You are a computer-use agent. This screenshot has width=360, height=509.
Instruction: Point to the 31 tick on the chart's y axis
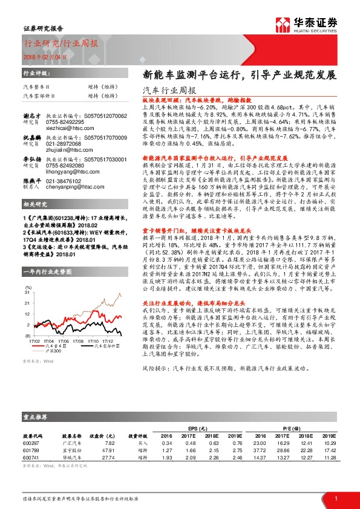click(x=26, y=292)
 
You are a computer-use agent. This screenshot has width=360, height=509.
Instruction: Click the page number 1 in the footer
click(x=336, y=498)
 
